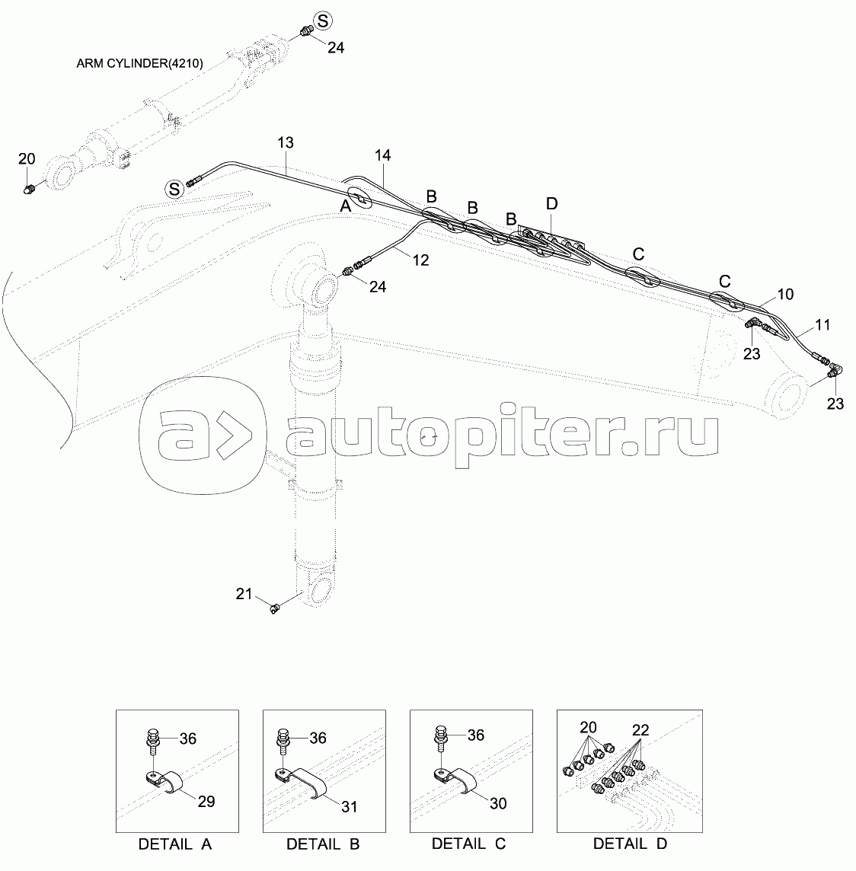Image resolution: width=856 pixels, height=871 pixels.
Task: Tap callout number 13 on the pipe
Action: [x=286, y=143]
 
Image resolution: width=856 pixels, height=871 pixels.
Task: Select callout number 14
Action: [x=382, y=155]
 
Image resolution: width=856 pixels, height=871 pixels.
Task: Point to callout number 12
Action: [x=420, y=260]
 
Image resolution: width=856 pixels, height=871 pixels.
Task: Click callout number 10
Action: [x=785, y=293]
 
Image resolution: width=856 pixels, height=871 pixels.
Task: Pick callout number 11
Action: [x=822, y=324]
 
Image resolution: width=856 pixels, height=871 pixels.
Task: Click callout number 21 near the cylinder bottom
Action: [x=243, y=594]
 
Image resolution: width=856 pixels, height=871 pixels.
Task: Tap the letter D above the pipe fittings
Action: [x=551, y=204]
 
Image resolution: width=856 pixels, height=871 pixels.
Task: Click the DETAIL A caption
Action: [x=175, y=844]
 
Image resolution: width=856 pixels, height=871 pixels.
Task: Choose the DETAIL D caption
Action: [x=630, y=844]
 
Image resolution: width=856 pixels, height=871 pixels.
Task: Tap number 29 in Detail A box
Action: [x=206, y=801]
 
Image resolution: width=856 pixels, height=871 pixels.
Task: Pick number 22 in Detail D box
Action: [x=640, y=730]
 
